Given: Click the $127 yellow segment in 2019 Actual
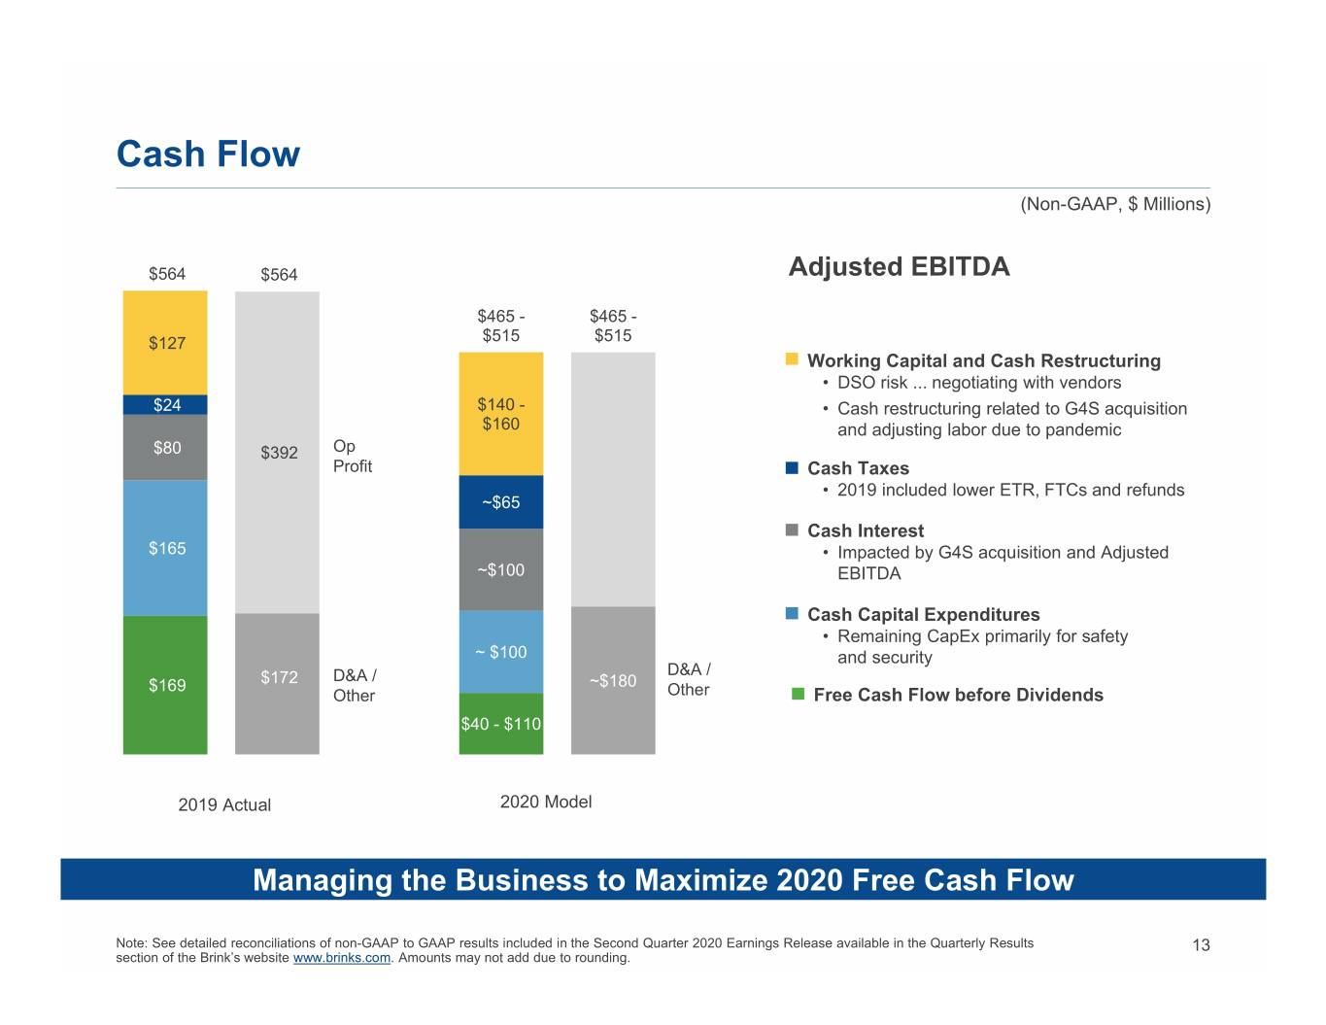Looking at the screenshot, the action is point(165,342).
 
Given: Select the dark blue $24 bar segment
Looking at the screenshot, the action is point(165,404).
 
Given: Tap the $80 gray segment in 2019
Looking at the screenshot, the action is point(165,447).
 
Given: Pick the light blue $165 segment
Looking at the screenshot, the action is point(165,548).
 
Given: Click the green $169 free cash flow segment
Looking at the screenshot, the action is point(165,685).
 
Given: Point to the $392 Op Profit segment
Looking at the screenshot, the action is point(277,452).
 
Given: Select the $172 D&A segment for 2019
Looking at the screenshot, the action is point(277,684).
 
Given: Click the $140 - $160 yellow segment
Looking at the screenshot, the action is point(501,414).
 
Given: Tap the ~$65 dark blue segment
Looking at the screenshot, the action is point(501,502).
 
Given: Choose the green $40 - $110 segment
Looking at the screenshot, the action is point(501,724).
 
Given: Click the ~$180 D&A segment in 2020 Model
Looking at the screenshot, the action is point(613,680).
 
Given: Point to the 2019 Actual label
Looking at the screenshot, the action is point(224,804).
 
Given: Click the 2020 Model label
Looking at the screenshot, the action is point(546,802).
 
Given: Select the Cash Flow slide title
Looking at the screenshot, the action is point(208,154).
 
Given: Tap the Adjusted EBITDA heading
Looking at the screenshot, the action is point(899,266).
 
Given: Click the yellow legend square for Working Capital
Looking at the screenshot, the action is point(792,359).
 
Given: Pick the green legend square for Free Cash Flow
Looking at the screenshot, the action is point(798,694).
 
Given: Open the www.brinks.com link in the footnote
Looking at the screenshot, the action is point(342,958).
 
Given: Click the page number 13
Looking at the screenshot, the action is point(1201,945).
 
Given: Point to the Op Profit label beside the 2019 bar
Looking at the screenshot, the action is point(352,456).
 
